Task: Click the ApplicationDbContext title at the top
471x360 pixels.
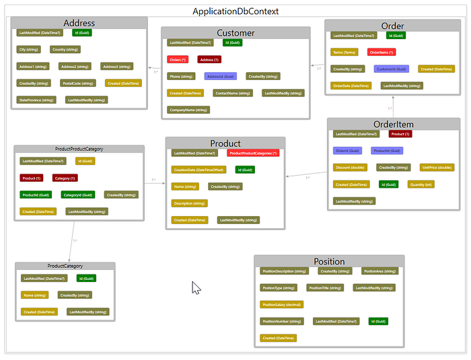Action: [x=235, y=11]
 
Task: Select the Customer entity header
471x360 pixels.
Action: [x=235, y=33]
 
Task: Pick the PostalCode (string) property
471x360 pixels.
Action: [x=76, y=83]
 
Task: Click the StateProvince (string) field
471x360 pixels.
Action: [x=37, y=100]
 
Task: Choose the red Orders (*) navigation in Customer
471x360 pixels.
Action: [x=178, y=60]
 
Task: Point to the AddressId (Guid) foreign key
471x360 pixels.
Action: [x=219, y=77]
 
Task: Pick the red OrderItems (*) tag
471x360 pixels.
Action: [x=382, y=52]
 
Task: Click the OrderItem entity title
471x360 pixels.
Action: [x=393, y=124]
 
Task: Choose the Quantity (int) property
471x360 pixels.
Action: [x=421, y=184]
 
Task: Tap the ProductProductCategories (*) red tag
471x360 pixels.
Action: [x=253, y=153]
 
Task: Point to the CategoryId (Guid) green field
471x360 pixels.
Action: [x=77, y=194]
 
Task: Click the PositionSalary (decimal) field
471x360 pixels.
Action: [x=282, y=304]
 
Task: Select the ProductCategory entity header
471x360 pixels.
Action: [x=65, y=266]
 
